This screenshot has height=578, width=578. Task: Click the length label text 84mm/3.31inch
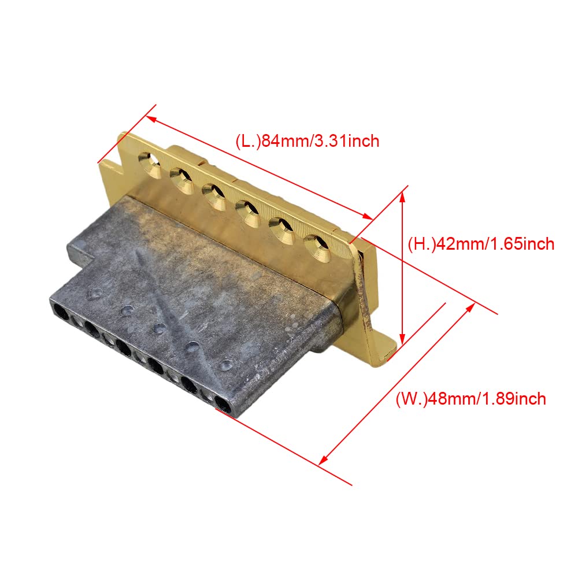pos(320,141)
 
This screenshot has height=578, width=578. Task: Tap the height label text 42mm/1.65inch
pos(495,244)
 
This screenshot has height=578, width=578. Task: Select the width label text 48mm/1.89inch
pos(486,399)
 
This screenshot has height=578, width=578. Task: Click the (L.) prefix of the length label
pos(248,142)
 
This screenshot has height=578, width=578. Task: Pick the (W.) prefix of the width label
pos(411,399)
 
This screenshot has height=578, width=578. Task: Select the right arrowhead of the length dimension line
pos(367,216)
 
